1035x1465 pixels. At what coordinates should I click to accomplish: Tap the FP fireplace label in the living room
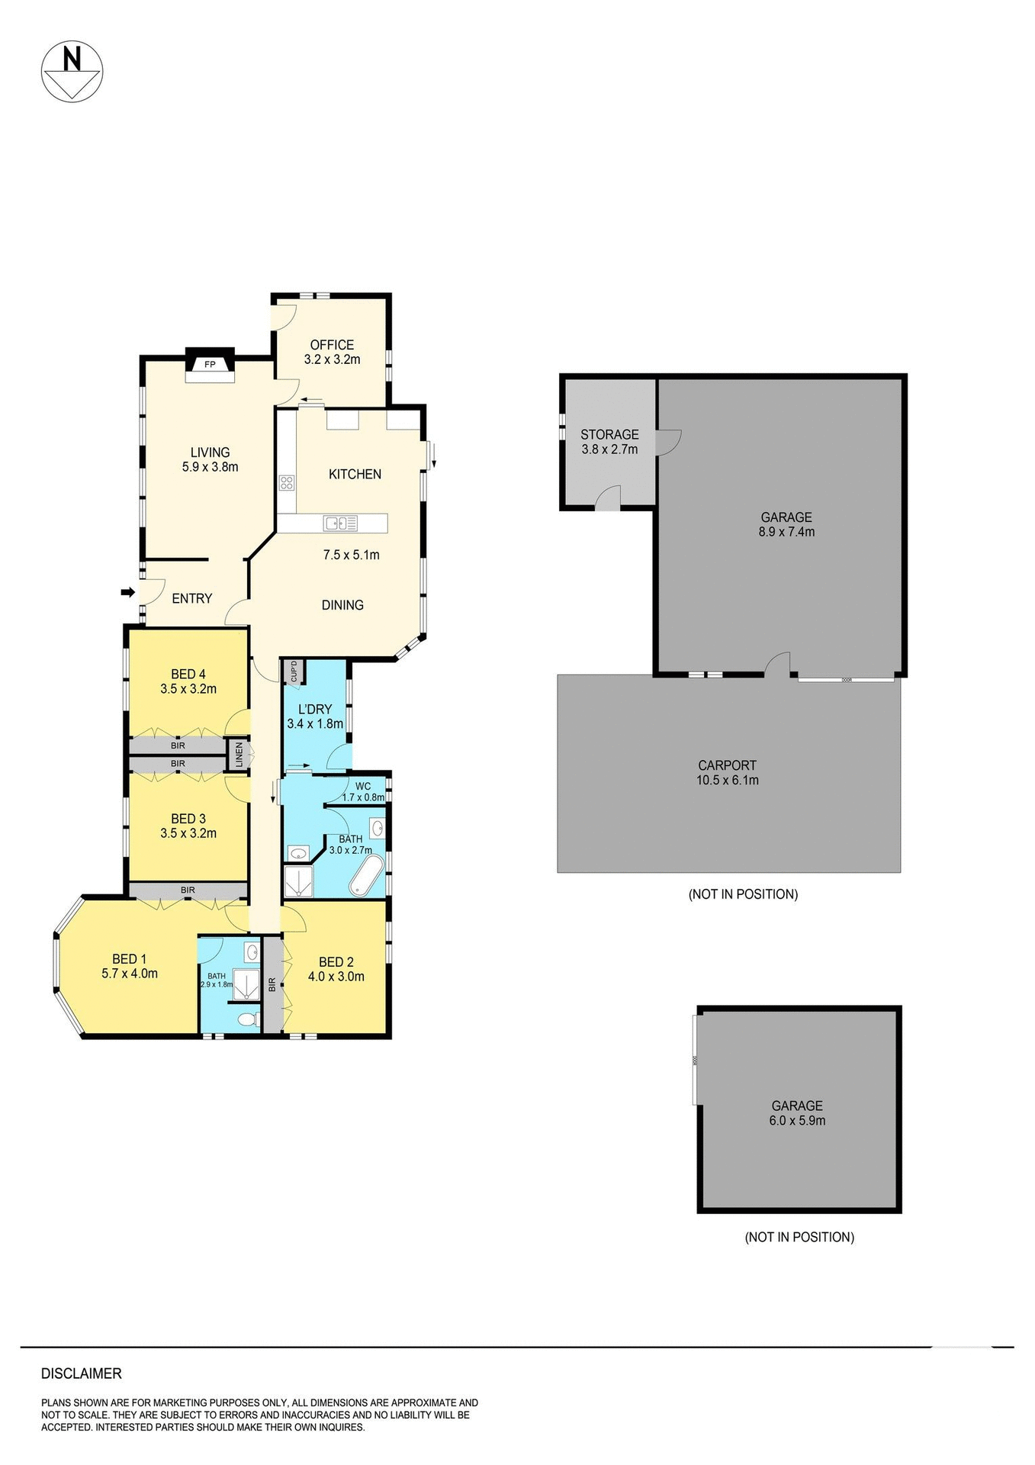[x=210, y=365]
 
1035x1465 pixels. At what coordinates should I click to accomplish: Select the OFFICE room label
[x=332, y=345]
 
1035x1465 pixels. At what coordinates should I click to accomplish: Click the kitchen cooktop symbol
[x=287, y=482]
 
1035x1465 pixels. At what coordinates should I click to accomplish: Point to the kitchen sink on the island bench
[x=340, y=523]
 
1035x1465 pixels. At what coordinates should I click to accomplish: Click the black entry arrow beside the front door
[x=128, y=592]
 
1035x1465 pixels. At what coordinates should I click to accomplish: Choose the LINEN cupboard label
[x=239, y=755]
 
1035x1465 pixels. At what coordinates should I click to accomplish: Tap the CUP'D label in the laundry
[x=294, y=672]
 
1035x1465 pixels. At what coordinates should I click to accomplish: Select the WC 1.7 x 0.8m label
[x=363, y=792]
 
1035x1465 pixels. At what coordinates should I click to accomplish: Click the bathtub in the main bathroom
[x=366, y=876]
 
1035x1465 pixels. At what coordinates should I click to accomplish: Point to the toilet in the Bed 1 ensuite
[x=246, y=1019]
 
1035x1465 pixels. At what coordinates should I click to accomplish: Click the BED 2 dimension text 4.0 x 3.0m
[x=336, y=977]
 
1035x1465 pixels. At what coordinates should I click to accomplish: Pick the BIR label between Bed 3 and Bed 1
[x=188, y=890]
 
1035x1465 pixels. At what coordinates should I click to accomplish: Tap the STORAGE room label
[x=609, y=434]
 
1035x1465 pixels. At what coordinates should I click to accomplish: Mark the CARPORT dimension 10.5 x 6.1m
[x=728, y=780]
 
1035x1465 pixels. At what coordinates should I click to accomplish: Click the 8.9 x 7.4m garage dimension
[x=786, y=532]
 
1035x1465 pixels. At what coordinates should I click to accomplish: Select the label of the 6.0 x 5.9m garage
[x=797, y=1106]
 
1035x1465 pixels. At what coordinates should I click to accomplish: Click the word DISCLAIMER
[x=82, y=1373]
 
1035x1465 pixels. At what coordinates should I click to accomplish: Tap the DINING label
[x=342, y=605]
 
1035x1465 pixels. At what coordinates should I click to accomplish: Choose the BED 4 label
[x=188, y=674]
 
